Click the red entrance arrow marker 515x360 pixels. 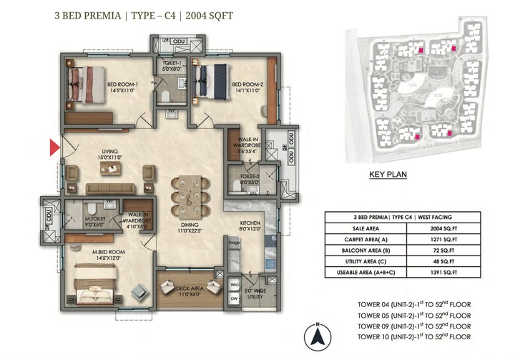[54, 148]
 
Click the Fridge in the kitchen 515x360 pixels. [234, 242]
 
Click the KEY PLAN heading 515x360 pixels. [388, 174]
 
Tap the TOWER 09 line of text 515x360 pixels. [414, 326]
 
